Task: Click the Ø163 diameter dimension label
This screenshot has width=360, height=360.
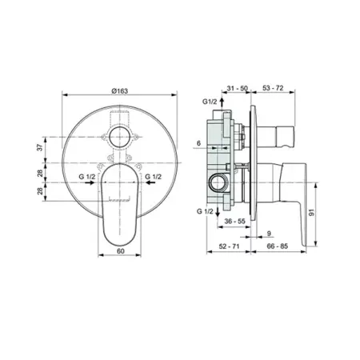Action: click(x=120, y=90)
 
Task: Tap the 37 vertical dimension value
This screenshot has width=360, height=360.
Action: click(x=39, y=147)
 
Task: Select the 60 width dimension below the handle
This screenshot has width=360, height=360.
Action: click(x=121, y=251)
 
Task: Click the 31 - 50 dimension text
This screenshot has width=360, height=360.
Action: click(x=237, y=88)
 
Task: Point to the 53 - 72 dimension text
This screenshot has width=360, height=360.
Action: click(x=273, y=88)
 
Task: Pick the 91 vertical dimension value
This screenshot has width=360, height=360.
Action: click(x=312, y=213)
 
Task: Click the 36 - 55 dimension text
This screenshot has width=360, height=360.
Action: click(x=234, y=221)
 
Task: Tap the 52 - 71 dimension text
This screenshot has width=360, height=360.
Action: click(x=229, y=246)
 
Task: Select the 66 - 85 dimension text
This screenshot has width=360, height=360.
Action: click(x=278, y=246)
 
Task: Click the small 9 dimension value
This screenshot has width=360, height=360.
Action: click(x=269, y=234)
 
